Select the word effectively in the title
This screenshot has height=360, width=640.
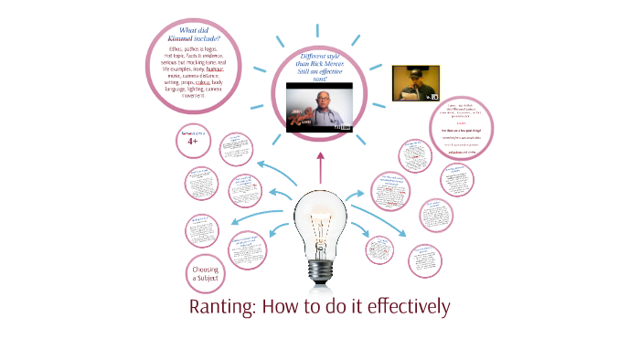[402, 306]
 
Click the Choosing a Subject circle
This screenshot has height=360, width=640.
[206, 271]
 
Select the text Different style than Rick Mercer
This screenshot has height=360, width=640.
[319, 65]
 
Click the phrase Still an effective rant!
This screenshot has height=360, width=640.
[319, 79]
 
